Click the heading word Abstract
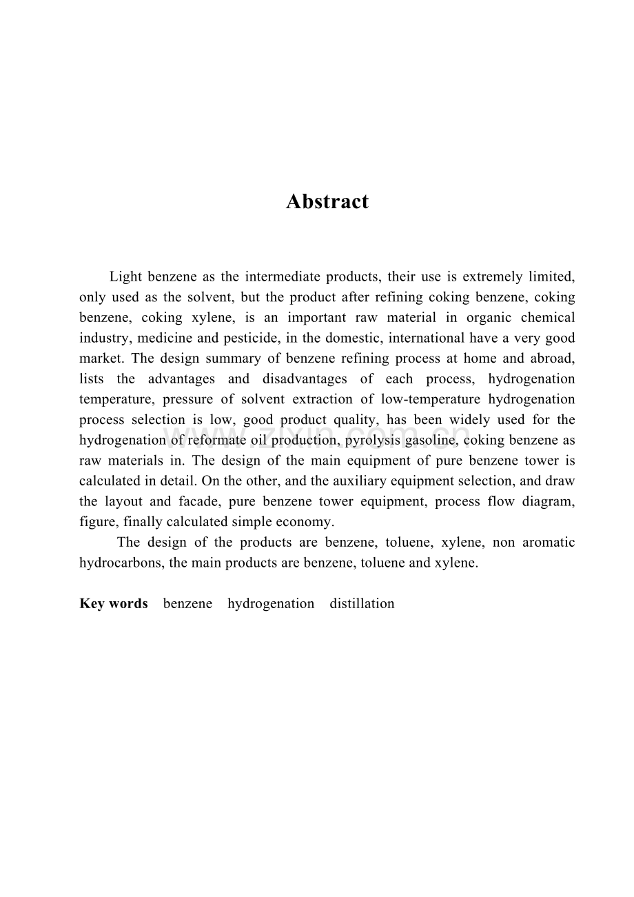click(x=327, y=201)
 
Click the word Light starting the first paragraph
click(x=125, y=277)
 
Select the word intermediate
click(x=282, y=277)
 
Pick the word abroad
click(x=551, y=359)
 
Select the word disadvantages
click(x=305, y=379)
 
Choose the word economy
click(x=308, y=521)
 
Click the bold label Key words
click(x=114, y=604)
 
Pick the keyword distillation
click(x=362, y=604)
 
